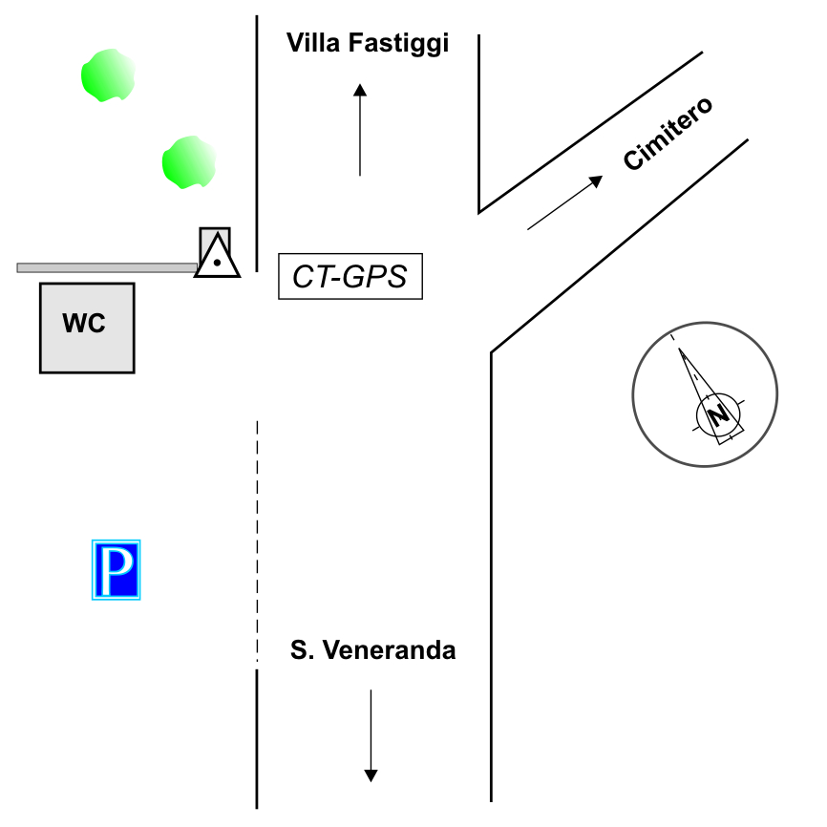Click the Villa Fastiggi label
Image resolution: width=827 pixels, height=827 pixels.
click(x=368, y=43)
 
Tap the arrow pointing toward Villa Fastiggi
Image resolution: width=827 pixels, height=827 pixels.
click(x=360, y=130)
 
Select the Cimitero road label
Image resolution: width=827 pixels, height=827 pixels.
click(x=668, y=134)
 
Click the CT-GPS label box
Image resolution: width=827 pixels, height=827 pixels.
click(x=350, y=277)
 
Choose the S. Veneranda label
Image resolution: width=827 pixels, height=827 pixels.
click(x=372, y=651)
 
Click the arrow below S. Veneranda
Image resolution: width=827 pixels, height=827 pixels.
click(x=371, y=735)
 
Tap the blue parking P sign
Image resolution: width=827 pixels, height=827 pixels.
click(x=116, y=570)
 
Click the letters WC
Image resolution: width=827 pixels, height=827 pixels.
click(x=84, y=324)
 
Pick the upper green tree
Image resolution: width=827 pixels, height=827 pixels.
click(x=107, y=75)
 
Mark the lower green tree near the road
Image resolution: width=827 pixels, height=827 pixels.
click(x=189, y=161)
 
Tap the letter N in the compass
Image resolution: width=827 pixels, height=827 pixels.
click(x=719, y=415)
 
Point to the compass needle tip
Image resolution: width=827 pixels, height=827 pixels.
click(x=681, y=351)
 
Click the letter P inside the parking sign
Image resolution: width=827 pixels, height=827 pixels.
click(x=117, y=571)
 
